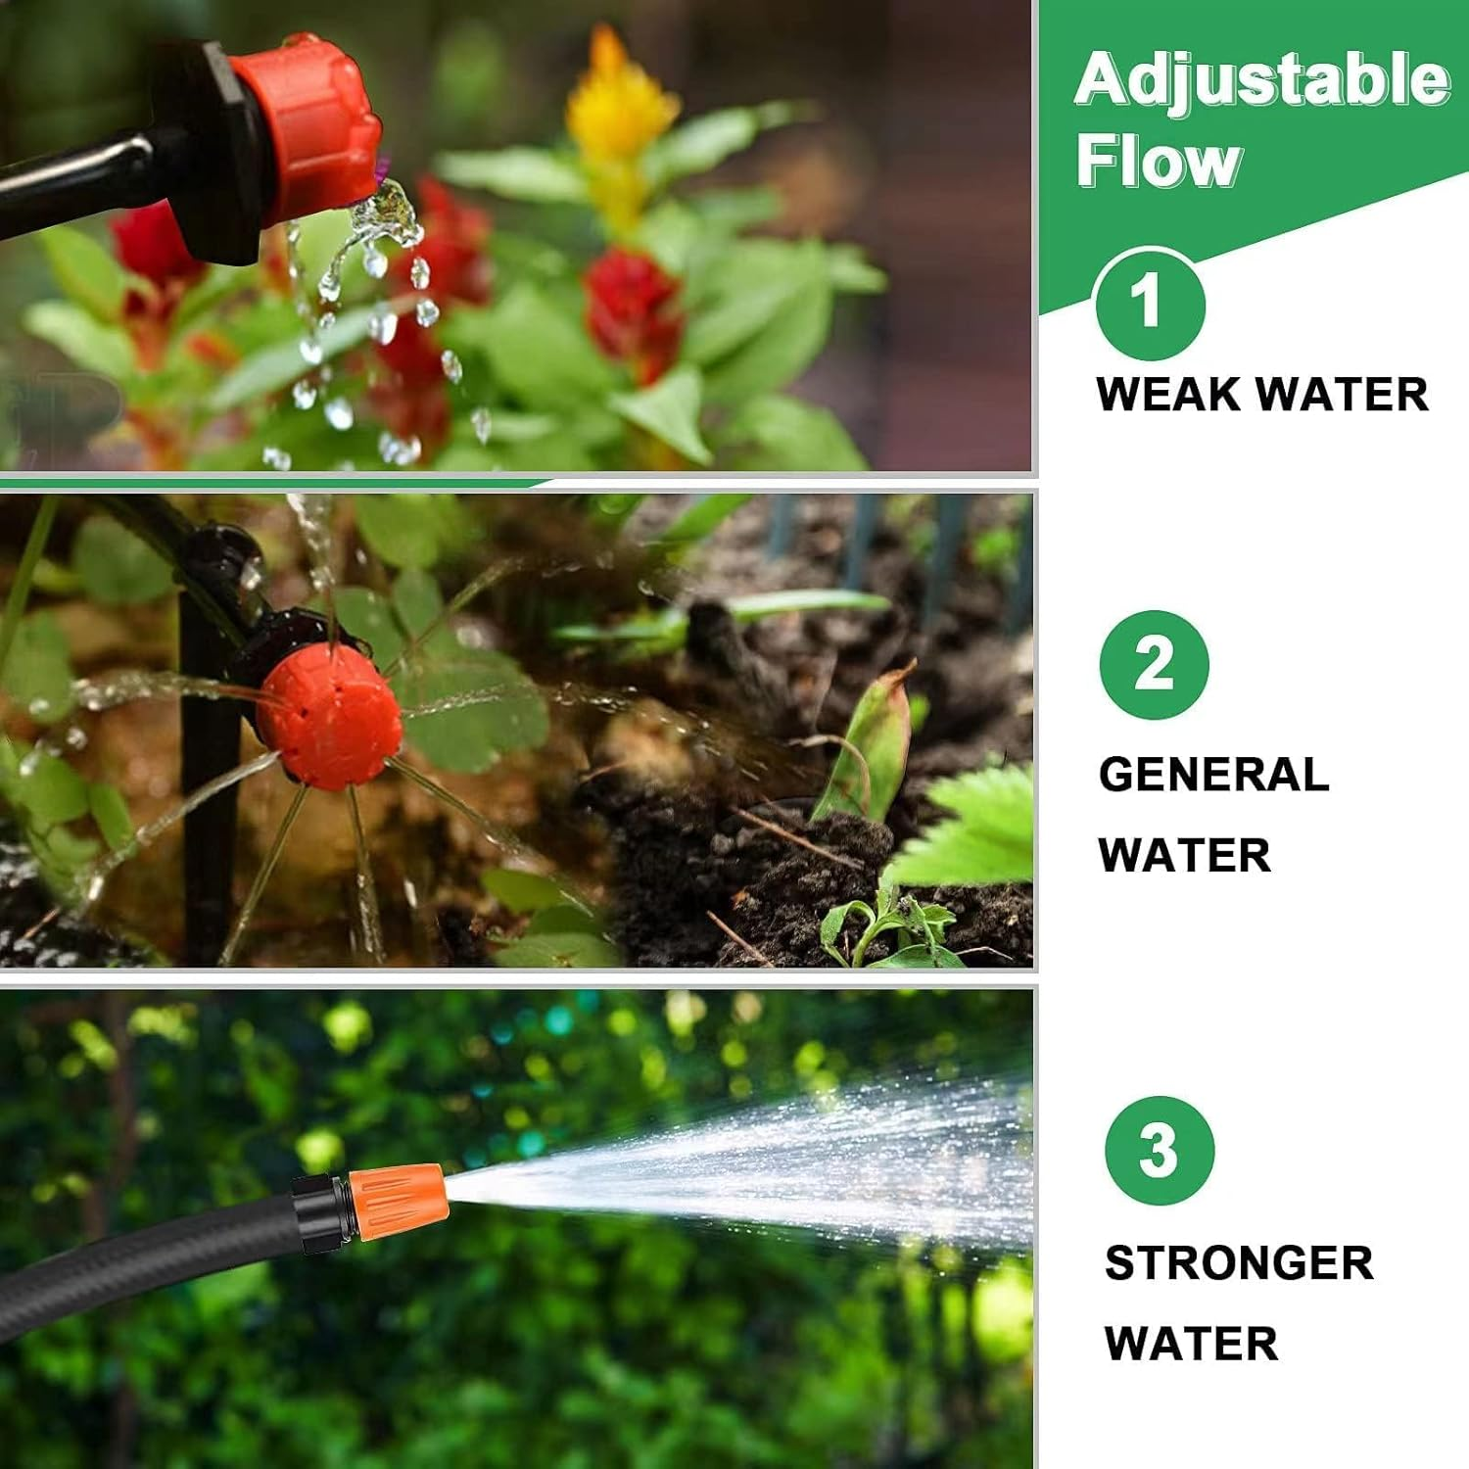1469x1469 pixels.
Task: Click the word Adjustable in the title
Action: pyautogui.click(x=1261, y=80)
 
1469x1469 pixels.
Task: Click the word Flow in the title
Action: pyautogui.click(x=1159, y=161)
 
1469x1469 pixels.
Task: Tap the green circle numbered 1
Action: pyautogui.click(x=1150, y=303)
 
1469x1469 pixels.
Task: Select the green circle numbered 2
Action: pyautogui.click(x=1154, y=665)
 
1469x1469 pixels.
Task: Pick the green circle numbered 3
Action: pyautogui.click(x=1159, y=1150)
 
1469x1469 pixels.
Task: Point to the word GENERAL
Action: pyautogui.click(x=1213, y=775)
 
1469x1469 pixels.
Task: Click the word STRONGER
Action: pyautogui.click(x=1239, y=1263)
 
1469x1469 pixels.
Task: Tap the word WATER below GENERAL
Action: pyautogui.click(x=1184, y=855)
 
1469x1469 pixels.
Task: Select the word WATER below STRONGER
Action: pyautogui.click(x=1191, y=1344)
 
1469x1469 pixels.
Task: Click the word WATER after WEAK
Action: pyautogui.click(x=1342, y=395)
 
